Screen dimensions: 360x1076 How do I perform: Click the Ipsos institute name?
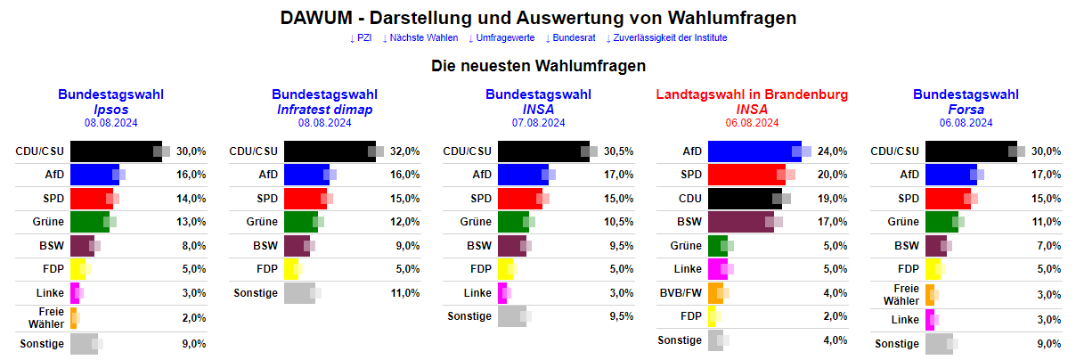111,109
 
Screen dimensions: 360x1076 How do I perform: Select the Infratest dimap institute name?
324,109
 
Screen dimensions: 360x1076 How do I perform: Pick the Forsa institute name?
966,109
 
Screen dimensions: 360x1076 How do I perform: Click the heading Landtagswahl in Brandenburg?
752,94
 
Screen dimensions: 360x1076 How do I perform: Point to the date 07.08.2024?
538,123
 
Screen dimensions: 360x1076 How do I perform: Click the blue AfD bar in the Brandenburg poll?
754,151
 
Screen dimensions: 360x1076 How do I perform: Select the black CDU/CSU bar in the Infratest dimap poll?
329,151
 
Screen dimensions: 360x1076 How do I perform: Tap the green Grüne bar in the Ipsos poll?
89,221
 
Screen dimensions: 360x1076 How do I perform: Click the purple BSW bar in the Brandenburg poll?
740,221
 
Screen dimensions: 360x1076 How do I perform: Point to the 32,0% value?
404,151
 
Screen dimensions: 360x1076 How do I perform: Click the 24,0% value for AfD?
832,151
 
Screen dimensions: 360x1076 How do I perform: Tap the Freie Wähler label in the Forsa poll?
901,294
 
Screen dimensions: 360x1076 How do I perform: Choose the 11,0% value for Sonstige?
404,292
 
